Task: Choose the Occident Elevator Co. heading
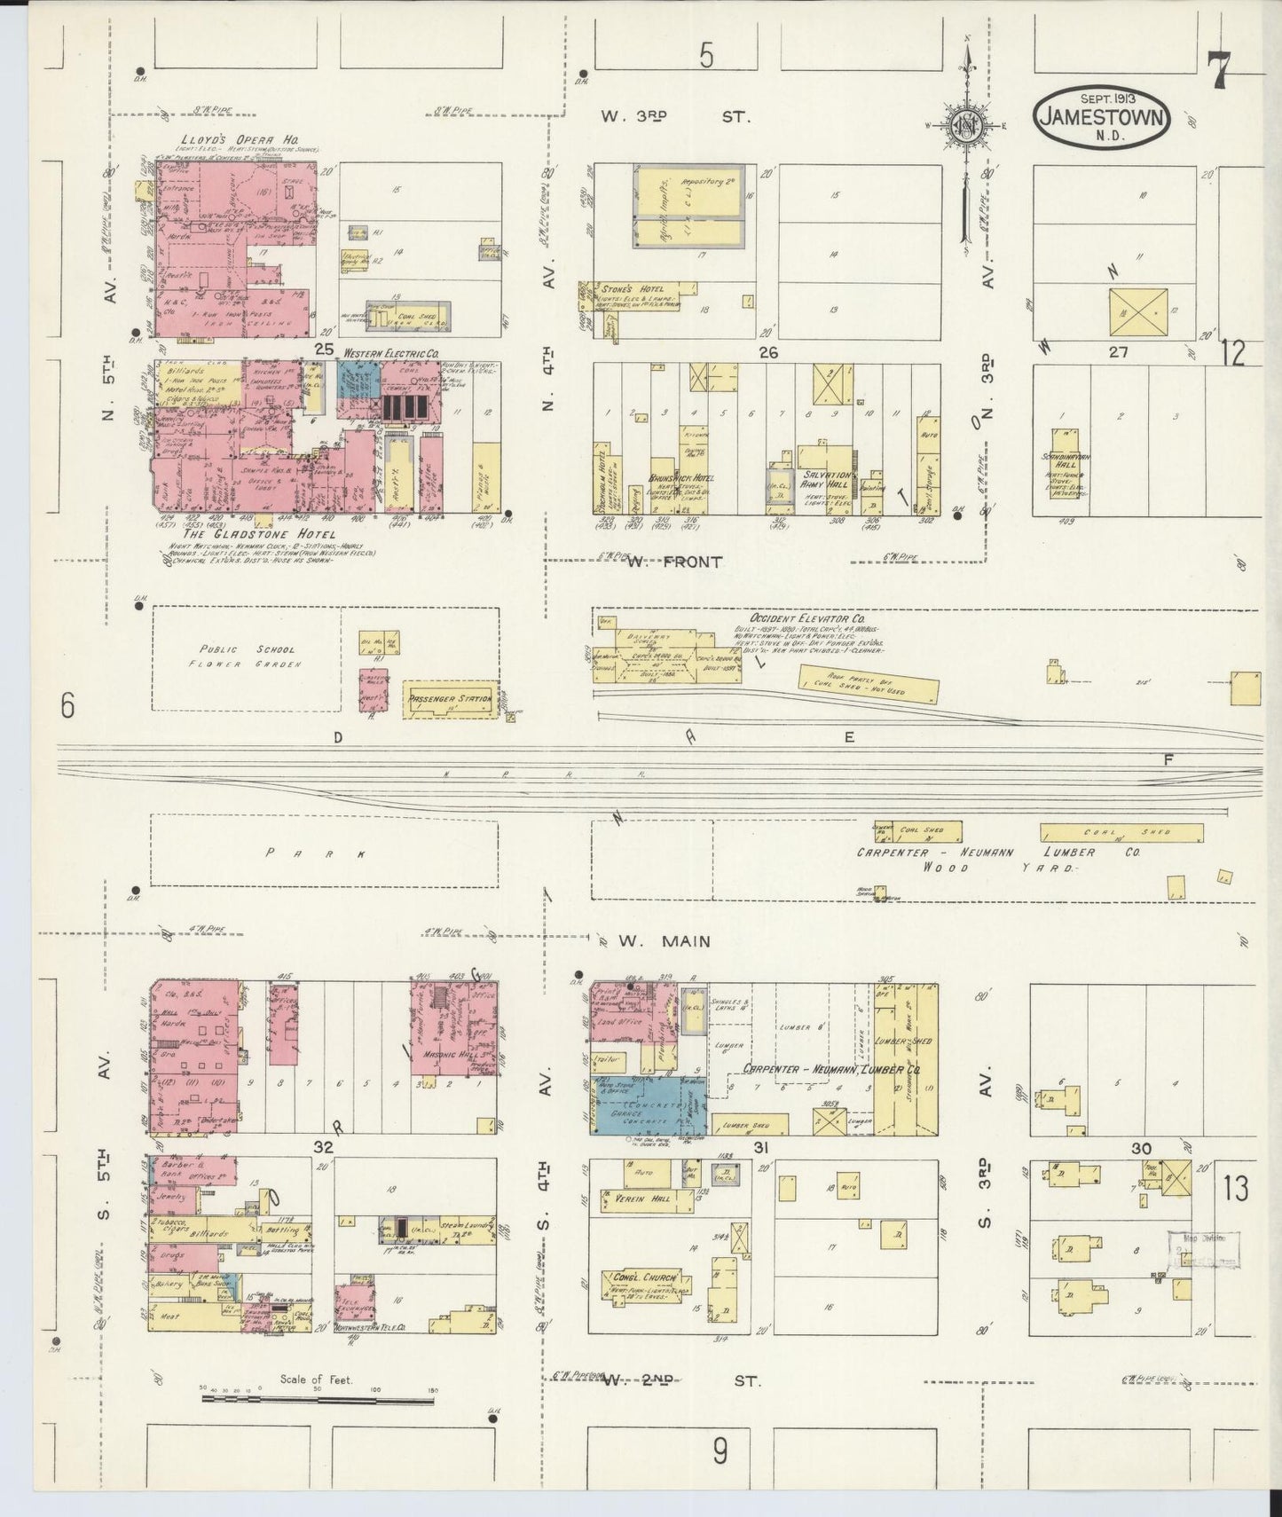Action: point(807,618)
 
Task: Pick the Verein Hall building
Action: point(649,1201)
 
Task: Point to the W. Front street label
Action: point(685,562)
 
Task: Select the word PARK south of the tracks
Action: point(315,853)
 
